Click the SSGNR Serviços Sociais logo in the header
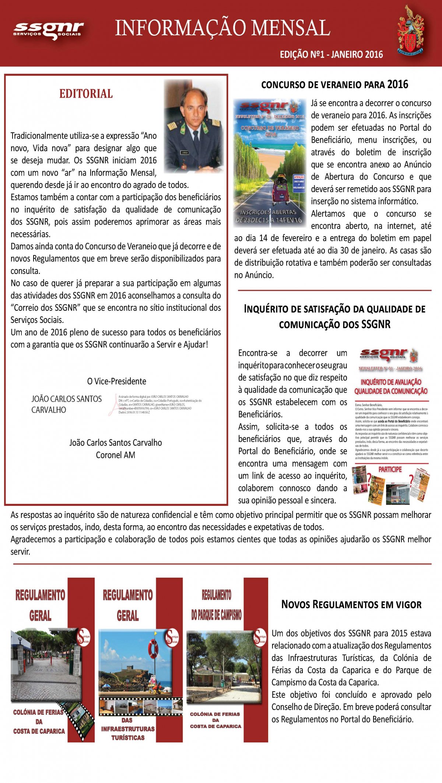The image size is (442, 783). pos(48,30)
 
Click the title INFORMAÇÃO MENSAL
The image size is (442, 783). pos(222,28)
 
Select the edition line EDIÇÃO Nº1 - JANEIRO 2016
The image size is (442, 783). pos(331,55)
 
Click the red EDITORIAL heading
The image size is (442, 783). pos(86,94)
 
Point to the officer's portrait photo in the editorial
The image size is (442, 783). pos(194,126)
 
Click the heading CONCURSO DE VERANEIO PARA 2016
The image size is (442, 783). pos(334,85)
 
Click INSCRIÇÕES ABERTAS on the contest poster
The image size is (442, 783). pos(269,212)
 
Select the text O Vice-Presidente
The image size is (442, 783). pos(116,381)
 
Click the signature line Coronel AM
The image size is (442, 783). pos(115,455)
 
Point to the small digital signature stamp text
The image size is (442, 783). pos(158,404)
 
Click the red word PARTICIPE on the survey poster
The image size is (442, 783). pos(390,469)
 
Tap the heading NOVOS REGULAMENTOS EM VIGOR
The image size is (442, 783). pos(351,605)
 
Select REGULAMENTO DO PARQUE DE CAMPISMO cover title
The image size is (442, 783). pos(216,605)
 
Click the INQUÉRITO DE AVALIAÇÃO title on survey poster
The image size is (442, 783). pos(391,386)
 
